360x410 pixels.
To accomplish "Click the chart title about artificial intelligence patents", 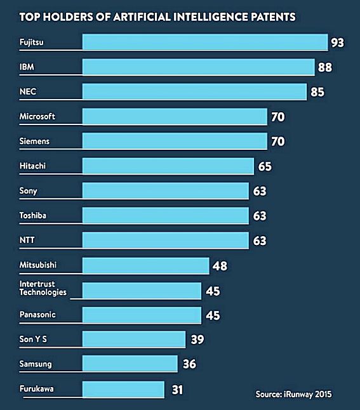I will [157, 17].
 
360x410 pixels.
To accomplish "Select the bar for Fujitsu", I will [204, 42].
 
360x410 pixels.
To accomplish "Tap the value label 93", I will [337, 43].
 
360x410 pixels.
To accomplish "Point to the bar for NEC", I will [194, 92].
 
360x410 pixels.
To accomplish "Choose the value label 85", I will [317, 92].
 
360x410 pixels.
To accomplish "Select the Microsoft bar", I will [175, 117].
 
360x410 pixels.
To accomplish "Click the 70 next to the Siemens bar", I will [277, 142].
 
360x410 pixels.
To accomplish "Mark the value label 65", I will [265, 166].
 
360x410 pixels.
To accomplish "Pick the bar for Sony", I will [166, 191].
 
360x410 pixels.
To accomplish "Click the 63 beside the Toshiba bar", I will [259, 216].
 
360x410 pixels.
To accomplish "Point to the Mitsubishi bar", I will [146, 265].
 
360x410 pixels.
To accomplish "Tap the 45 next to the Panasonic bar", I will [211, 314].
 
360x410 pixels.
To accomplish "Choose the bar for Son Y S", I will [134, 339].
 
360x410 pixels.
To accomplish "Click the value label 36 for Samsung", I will [189, 364].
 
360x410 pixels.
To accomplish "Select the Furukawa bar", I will [123, 388].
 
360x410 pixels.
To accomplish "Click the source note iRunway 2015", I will [293, 394].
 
